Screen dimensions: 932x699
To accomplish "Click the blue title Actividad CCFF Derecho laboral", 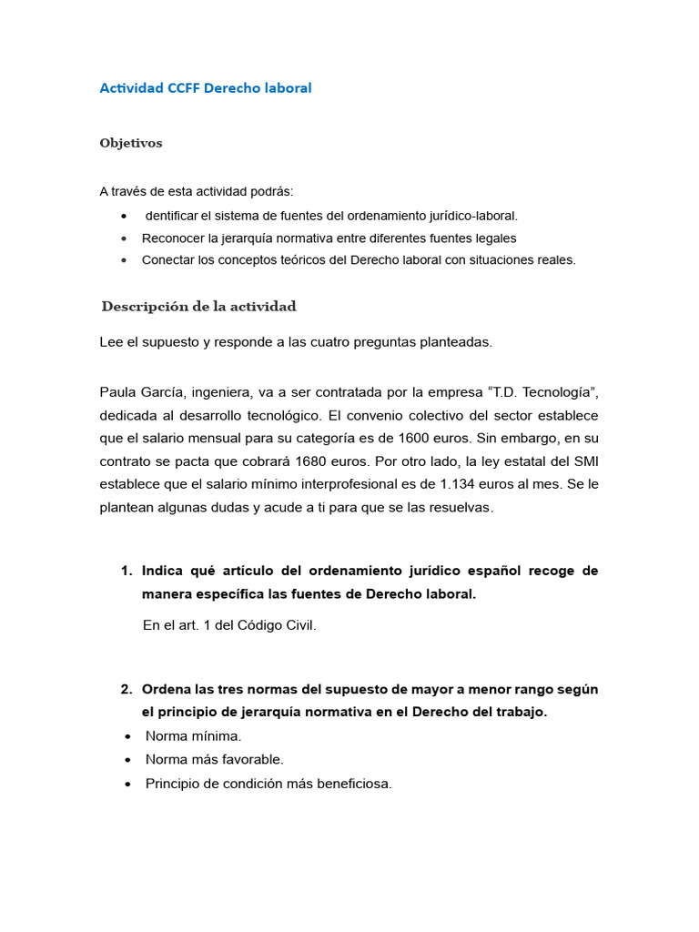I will (x=206, y=88).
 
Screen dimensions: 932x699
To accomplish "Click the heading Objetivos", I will (x=131, y=143).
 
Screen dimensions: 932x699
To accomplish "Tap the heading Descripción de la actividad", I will (x=199, y=306).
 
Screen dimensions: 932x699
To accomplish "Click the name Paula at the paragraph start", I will (x=118, y=392).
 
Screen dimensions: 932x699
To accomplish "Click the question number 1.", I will (x=126, y=571).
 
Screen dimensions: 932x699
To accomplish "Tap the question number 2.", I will (x=126, y=689).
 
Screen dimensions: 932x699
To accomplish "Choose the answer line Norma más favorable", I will (x=215, y=759).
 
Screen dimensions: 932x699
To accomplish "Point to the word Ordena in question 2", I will (x=167, y=689).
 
